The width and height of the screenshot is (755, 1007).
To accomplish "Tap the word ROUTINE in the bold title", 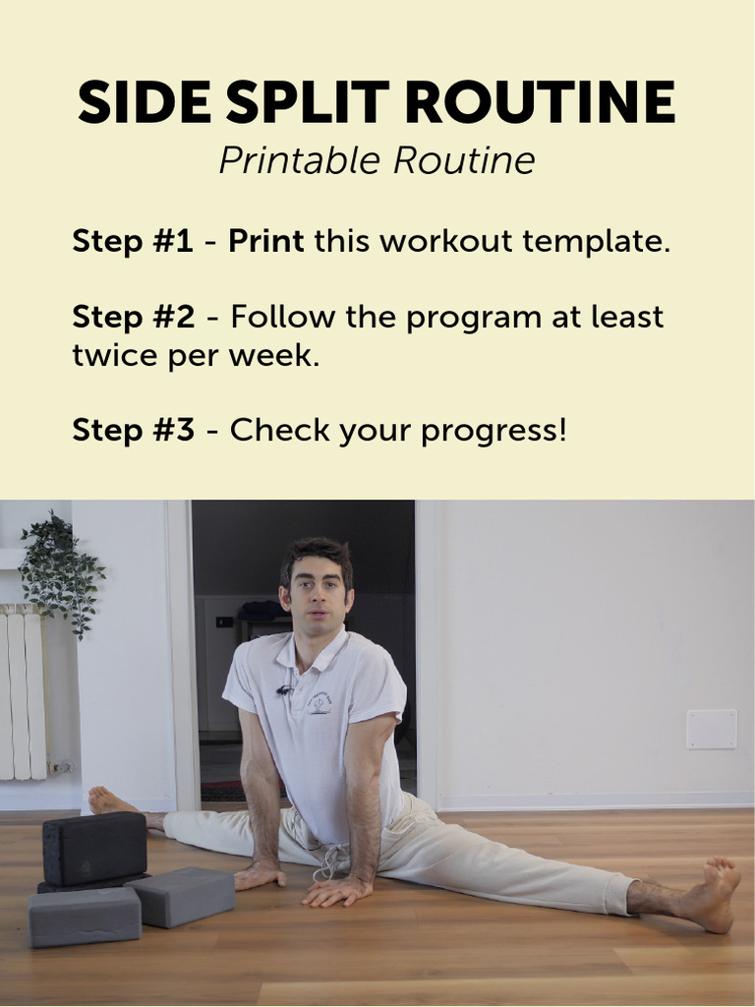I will click(x=539, y=102).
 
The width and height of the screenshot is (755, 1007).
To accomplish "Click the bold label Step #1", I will click(x=133, y=241).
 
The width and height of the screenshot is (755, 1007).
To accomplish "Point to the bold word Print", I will click(x=265, y=241).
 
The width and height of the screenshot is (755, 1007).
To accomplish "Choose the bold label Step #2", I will click(x=134, y=318).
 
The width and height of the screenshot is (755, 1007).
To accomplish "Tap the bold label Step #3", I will click(x=134, y=430).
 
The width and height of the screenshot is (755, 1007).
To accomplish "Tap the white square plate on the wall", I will click(x=711, y=729).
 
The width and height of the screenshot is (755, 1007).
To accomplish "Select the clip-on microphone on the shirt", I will click(x=284, y=690).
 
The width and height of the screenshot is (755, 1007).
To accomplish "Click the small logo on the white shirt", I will click(x=319, y=703).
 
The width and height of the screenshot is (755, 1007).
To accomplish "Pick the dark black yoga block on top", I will click(x=94, y=848).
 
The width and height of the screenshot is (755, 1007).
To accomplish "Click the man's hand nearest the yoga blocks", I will click(x=258, y=874).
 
